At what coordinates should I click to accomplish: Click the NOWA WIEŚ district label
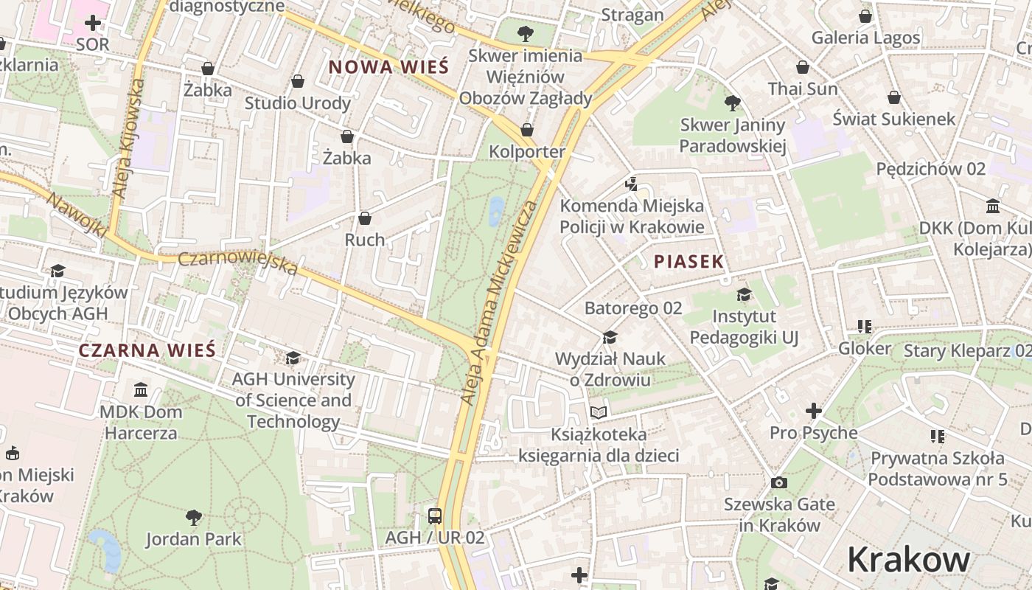coord(388,67)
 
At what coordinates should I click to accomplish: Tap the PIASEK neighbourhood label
coord(688,262)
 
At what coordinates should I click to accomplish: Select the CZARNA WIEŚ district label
coord(147,350)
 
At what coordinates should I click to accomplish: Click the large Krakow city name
coord(908,560)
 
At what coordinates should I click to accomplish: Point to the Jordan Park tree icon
coord(194,516)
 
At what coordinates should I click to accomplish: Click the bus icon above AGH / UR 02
coord(435,516)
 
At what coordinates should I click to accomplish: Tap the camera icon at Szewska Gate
coord(779,483)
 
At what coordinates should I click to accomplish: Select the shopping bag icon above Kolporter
coord(526,130)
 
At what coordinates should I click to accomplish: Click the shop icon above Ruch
coord(364,218)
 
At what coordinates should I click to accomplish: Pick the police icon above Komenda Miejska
coord(631,184)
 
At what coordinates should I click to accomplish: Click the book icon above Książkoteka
coord(599,412)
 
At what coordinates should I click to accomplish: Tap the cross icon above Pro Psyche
coord(813,410)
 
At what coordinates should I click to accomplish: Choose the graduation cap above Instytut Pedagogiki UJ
coord(744,295)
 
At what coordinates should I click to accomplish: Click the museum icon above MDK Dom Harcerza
coord(141,389)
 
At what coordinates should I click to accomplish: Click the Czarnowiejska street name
coord(238,263)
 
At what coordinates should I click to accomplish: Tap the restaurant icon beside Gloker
coord(864,326)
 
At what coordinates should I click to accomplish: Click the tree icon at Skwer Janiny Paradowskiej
coord(732,103)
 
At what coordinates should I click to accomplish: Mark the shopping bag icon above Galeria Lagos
coord(865,16)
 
